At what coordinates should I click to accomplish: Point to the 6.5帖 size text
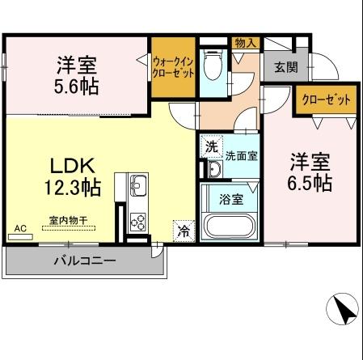pyautogui.click(x=311, y=183)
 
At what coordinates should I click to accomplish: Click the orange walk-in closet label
pyautogui.click(x=173, y=64)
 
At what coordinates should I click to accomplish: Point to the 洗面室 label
pyautogui.click(x=241, y=155)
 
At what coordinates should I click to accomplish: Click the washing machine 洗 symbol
pyautogui.click(x=211, y=146)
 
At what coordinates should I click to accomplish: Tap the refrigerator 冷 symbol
pyautogui.click(x=184, y=231)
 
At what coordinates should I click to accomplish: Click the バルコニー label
pyautogui.click(x=85, y=260)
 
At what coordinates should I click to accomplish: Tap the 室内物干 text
pyautogui.click(x=69, y=219)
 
